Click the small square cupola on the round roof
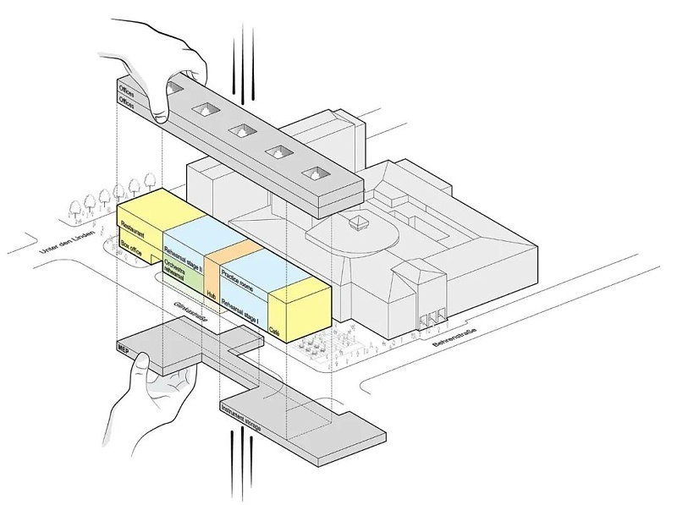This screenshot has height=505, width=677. click(359, 222)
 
